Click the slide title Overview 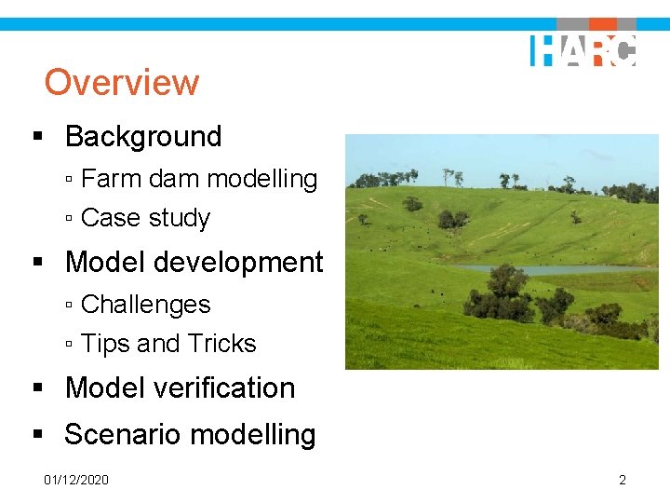point(121,82)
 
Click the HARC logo point(583,50)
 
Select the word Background point(143,137)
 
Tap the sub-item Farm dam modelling point(199,178)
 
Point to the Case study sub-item point(145,218)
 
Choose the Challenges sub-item point(145,305)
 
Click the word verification point(221,387)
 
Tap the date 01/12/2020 point(76,480)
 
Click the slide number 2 point(623,480)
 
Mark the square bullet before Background point(38,137)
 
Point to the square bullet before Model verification point(38,387)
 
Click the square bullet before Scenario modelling point(38,434)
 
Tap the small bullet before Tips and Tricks point(71,345)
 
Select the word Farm point(110,178)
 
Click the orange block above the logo point(603,24)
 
